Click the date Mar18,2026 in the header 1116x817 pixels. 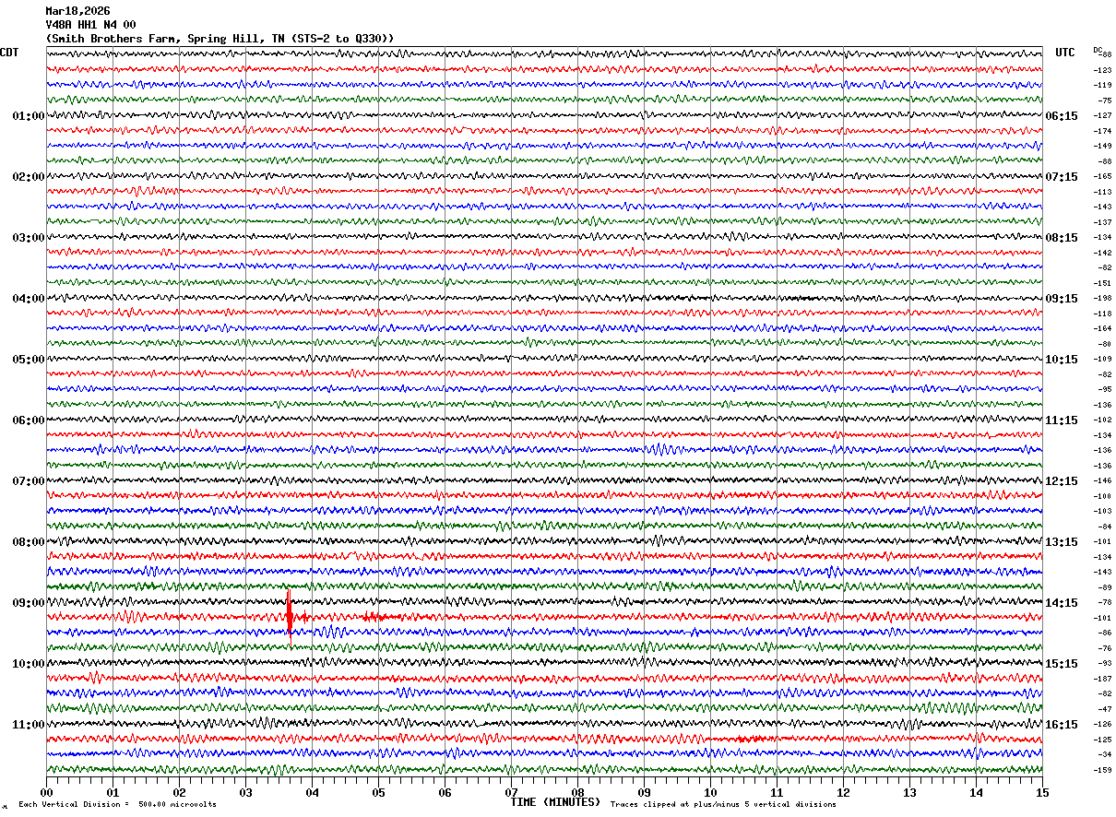point(77,11)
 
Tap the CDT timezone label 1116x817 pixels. point(9,53)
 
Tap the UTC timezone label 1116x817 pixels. point(1065,53)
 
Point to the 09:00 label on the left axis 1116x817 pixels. point(28,603)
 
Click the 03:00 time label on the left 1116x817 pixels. point(28,238)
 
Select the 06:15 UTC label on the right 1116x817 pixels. point(1062,116)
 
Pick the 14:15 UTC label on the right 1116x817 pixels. point(1062,603)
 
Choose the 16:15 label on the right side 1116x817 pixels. point(1062,725)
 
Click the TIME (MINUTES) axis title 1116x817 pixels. point(555,802)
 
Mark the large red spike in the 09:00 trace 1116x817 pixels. point(290,610)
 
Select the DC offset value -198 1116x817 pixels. point(1102,299)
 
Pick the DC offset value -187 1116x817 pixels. point(1102,679)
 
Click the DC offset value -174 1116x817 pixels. point(1102,131)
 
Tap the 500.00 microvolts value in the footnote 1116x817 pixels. point(158,804)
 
